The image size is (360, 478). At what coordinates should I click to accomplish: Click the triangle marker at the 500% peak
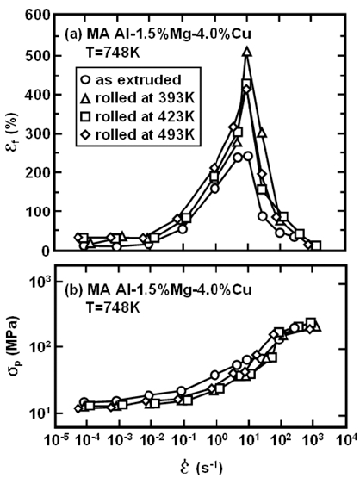tap(247, 53)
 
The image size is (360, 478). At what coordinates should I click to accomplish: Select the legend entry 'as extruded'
tap(132, 80)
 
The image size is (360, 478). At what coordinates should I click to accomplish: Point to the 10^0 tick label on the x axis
tap(216, 439)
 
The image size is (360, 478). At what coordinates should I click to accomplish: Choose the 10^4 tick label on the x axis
tap(346, 439)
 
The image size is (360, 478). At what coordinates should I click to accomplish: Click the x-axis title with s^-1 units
tap(202, 465)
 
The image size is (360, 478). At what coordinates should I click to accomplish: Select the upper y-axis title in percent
tap(13, 133)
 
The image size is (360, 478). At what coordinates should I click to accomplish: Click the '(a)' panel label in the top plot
tap(73, 34)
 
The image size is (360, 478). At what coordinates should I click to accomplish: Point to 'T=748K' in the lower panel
tap(111, 307)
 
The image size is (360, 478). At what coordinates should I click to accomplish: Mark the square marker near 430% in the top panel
tap(246, 84)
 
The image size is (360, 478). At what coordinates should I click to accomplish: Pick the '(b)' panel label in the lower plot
tap(73, 290)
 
